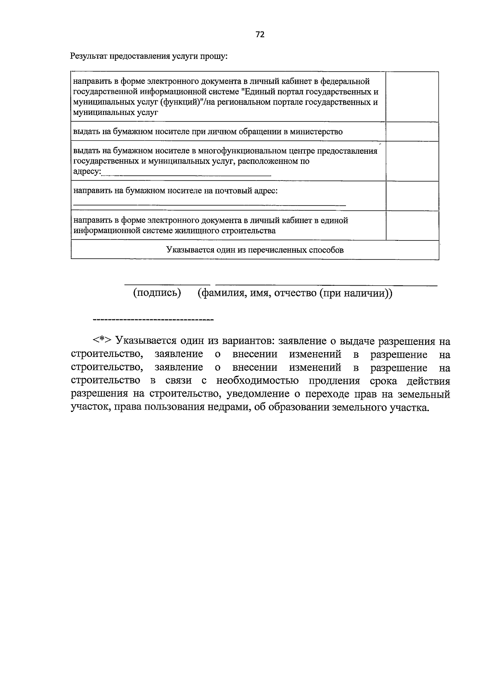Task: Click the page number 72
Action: pyautogui.click(x=260, y=35)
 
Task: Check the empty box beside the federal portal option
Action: pyautogui.click(x=412, y=97)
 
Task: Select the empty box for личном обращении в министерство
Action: pyautogui.click(x=412, y=132)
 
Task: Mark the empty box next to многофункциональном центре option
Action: pyautogui.click(x=412, y=161)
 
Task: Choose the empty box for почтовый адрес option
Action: pyautogui.click(x=412, y=196)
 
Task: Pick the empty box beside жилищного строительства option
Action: pyautogui.click(x=412, y=225)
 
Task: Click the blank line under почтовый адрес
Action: pyautogui.click(x=209, y=205)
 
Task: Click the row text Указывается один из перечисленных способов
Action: pyautogui.click(x=255, y=250)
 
